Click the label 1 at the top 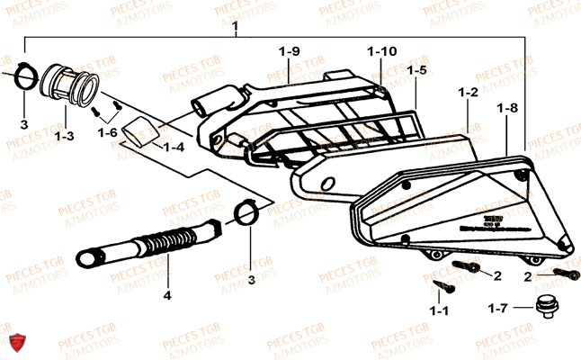[235, 27]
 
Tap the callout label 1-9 [289, 51]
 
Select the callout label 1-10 [381, 51]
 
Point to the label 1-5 [416, 69]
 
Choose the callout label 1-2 [468, 93]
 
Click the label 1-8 [507, 108]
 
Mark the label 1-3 [63, 137]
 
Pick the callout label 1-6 [108, 132]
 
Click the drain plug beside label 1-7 [543, 306]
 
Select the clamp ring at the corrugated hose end [246, 214]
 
